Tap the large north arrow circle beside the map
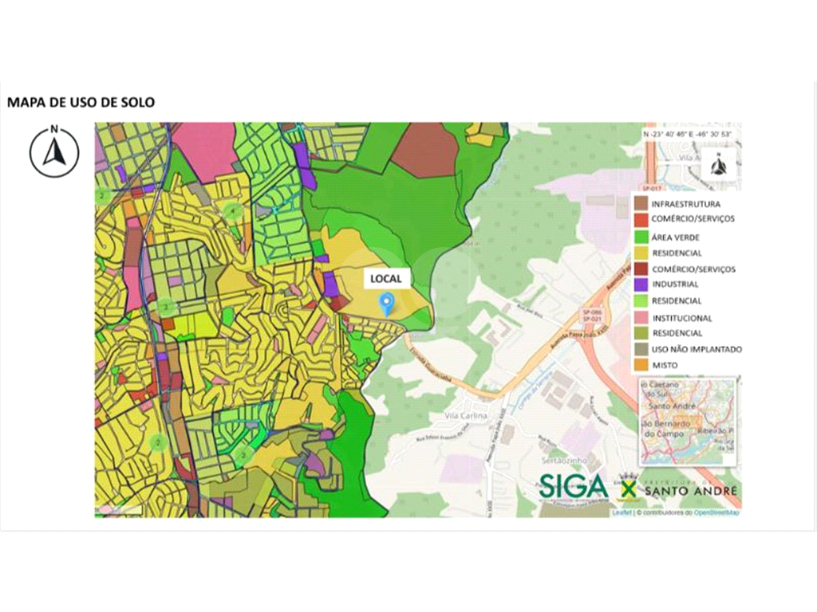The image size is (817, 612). pos(54,151)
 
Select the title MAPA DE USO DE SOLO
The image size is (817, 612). pos(81,102)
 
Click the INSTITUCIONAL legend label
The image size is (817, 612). pos(681,317)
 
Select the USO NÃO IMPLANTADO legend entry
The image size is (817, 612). pos(696,349)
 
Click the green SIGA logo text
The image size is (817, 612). pos(573,486)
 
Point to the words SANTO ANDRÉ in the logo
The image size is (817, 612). pos(691,492)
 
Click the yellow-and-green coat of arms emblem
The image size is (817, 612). pos(627,487)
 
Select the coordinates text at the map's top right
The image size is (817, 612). pos(687,135)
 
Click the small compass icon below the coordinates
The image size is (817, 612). pos(718,166)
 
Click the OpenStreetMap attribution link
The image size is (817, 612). pos(716,513)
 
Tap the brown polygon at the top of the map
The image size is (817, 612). pos(424,150)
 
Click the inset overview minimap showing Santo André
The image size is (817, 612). pos(687,422)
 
